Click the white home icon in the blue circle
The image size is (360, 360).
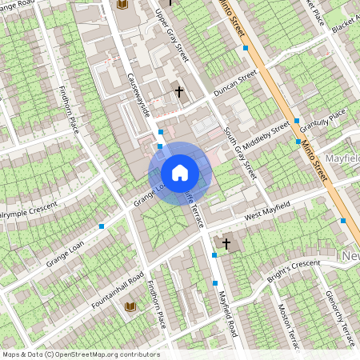[x=180, y=172]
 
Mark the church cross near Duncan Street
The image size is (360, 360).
[x=179, y=93]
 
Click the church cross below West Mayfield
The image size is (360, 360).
[x=226, y=243]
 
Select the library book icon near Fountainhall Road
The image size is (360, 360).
[x=130, y=307]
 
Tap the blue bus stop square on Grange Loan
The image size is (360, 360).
[x=102, y=227]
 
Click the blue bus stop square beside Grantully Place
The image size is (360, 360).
[x=297, y=120]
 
